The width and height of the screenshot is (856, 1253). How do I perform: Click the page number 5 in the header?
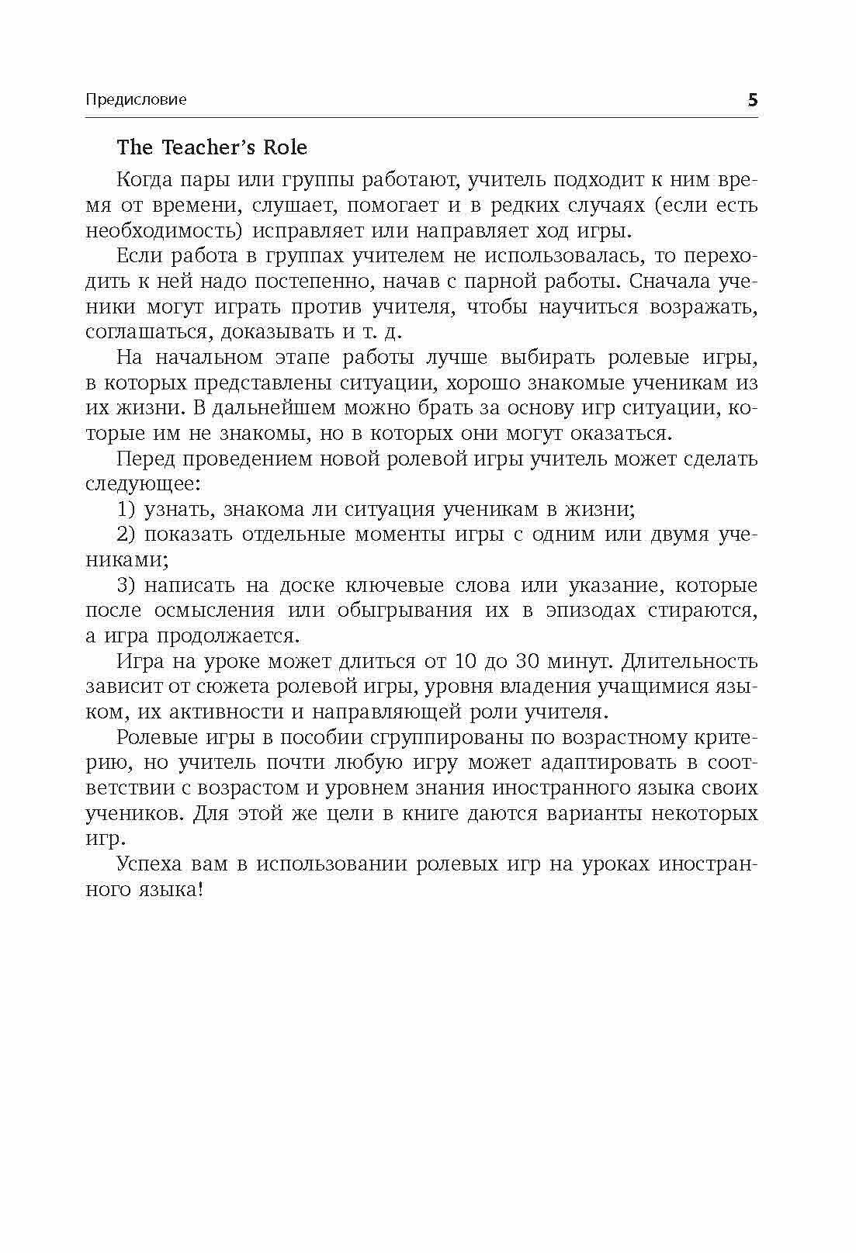click(751, 100)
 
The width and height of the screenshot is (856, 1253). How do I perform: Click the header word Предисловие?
click(136, 100)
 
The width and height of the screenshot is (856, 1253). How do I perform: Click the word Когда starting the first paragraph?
click(143, 180)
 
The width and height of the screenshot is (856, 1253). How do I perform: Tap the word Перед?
click(144, 459)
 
